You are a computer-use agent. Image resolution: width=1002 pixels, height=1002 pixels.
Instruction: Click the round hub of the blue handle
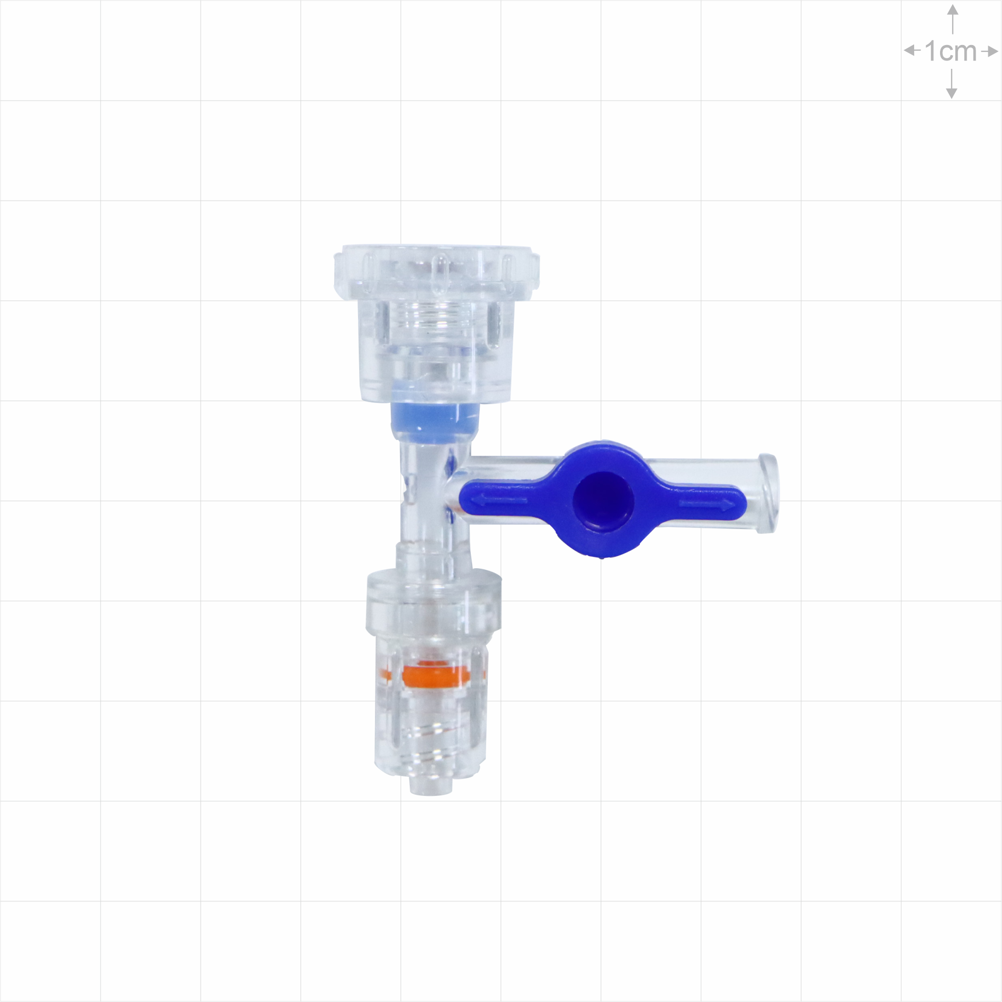click(604, 499)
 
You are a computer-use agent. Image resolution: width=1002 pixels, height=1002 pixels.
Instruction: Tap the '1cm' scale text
click(951, 51)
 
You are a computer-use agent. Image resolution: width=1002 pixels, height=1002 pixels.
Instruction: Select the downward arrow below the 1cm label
click(952, 84)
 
